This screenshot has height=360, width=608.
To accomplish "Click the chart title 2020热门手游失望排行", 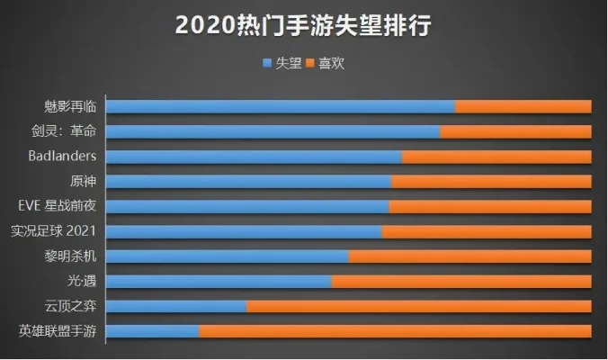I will pyautogui.click(x=304, y=25).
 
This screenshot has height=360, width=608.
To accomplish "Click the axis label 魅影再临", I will pyautogui.click(x=76, y=106).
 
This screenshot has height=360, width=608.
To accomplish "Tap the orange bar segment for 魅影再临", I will pyautogui.click(x=523, y=106).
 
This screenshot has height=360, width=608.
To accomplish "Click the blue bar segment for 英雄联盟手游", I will pyautogui.click(x=153, y=331).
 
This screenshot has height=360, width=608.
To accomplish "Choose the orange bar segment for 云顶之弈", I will pyautogui.click(x=418, y=306).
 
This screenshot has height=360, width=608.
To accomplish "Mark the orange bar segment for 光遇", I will pyautogui.click(x=460, y=281).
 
